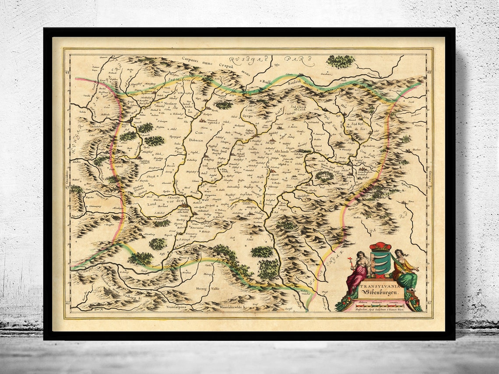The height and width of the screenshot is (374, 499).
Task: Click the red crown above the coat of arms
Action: click(x=380, y=246)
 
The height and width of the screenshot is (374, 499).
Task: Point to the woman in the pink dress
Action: click(x=357, y=271)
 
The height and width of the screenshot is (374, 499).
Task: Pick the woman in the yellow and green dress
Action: click(x=405, y=271)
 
